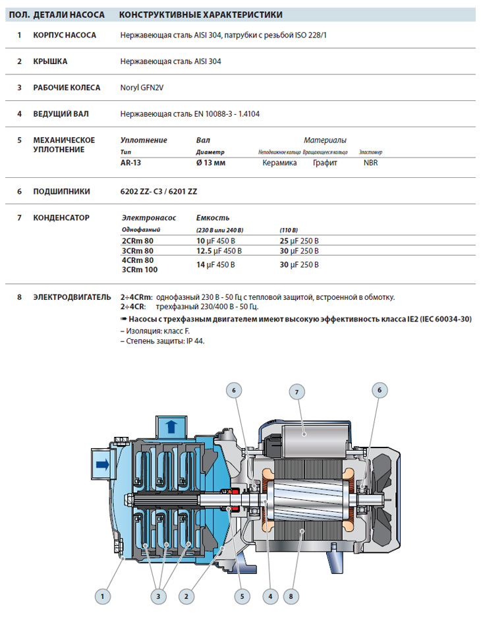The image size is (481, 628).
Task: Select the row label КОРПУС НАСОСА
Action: (65, 35)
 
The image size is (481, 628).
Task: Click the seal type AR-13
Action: (130, 163)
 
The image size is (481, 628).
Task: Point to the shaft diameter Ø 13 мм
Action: (211, 163)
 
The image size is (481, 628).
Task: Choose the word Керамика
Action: (279, 163)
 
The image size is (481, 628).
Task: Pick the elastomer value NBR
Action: (371, 163)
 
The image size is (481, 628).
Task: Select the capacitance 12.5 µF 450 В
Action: (219, 251)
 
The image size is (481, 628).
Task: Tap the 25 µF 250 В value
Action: (299, 241)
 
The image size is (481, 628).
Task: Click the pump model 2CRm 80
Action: (137, 241)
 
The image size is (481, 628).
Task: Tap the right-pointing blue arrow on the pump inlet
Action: (101, 465)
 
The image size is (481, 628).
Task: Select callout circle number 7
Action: (297, 391)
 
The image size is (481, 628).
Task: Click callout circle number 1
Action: (101, 596)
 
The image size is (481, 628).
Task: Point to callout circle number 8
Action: (291, 596)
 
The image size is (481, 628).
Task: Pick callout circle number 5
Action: (242, 596)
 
